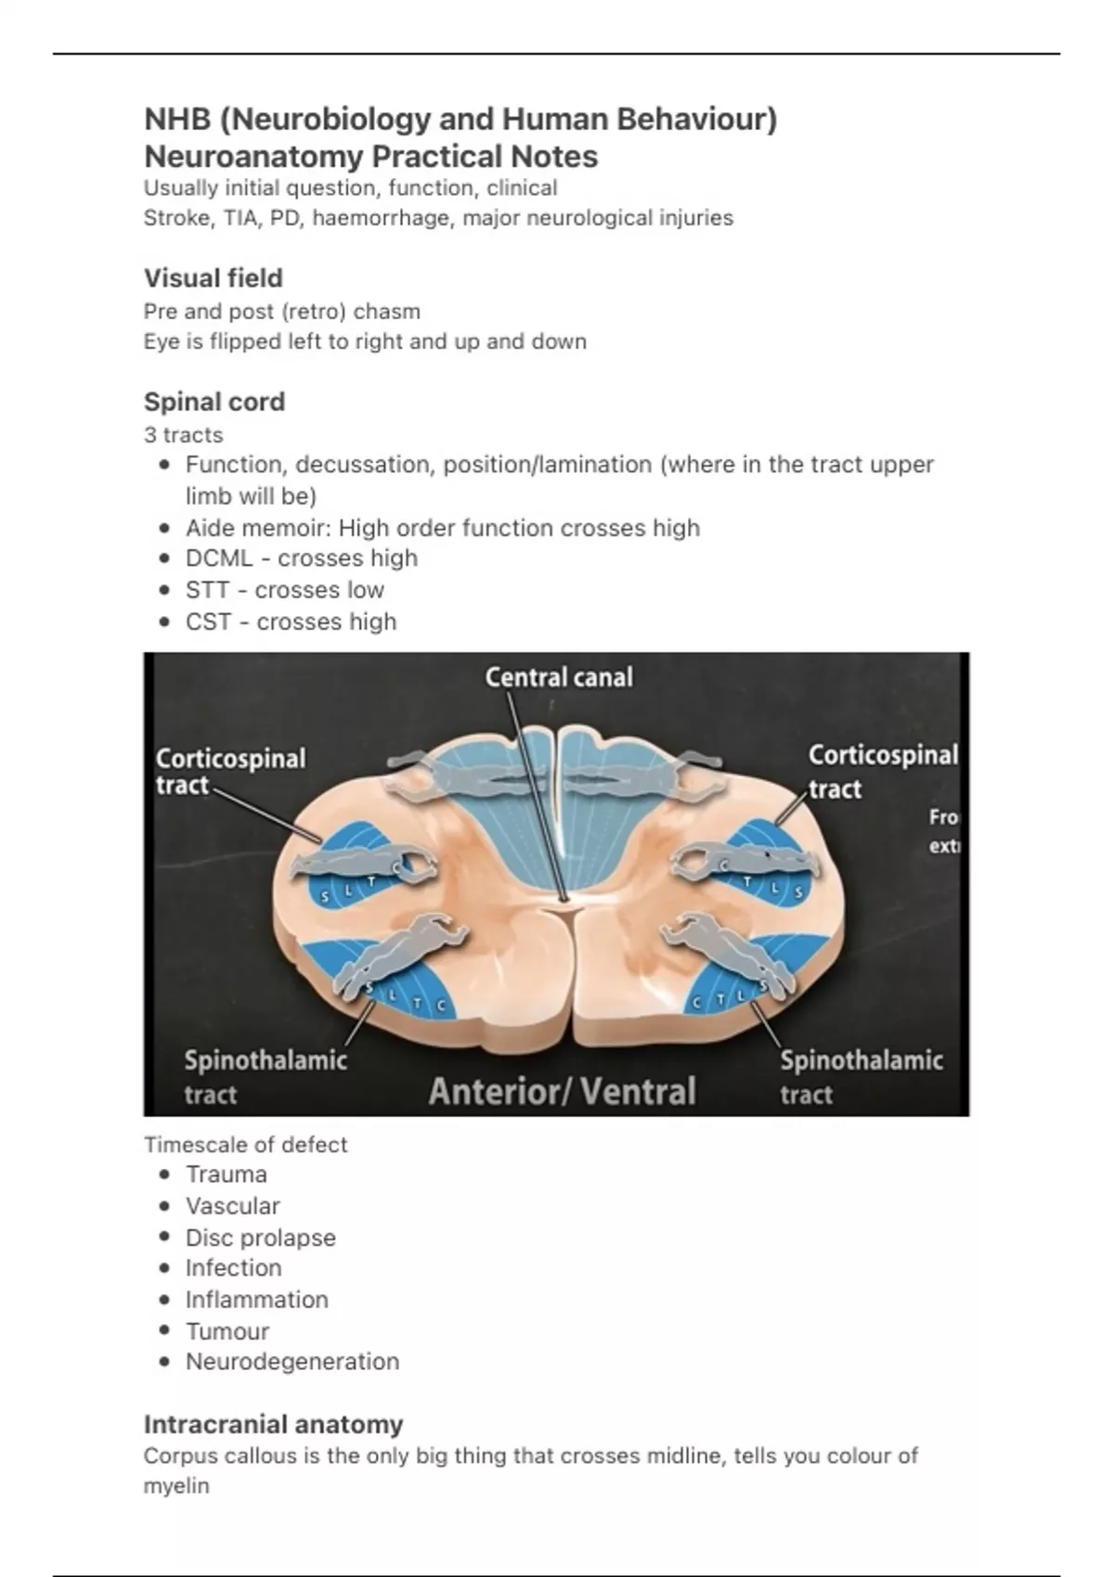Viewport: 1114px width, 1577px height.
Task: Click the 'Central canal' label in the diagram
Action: (559, 677)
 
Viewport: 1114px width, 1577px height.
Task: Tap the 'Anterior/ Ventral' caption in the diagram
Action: (562, 1092)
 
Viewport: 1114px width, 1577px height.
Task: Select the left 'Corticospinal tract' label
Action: (229, 772)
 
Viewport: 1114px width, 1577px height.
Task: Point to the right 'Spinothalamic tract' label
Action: (861, 1076)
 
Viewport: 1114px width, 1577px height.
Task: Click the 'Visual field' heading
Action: (213, 278)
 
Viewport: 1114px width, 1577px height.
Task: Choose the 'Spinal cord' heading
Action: (214, 402)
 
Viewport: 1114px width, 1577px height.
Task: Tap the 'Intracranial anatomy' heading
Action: (273, 1424)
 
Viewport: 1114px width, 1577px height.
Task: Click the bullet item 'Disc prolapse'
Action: (260, 1237)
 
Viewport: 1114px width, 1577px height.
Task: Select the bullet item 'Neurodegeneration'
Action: (291, 1362)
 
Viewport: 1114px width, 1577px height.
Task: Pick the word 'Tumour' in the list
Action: (227, 1331)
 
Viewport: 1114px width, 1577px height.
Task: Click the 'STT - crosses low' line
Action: (284, 590)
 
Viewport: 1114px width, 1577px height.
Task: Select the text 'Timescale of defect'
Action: (245, 1145)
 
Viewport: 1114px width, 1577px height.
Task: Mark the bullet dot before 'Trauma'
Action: (165, 1174)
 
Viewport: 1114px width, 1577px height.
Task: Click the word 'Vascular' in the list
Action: (232, 1206)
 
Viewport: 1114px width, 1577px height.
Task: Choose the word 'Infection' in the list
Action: (233, 1268)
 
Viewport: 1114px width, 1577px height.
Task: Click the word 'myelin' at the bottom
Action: (176, 1486)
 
